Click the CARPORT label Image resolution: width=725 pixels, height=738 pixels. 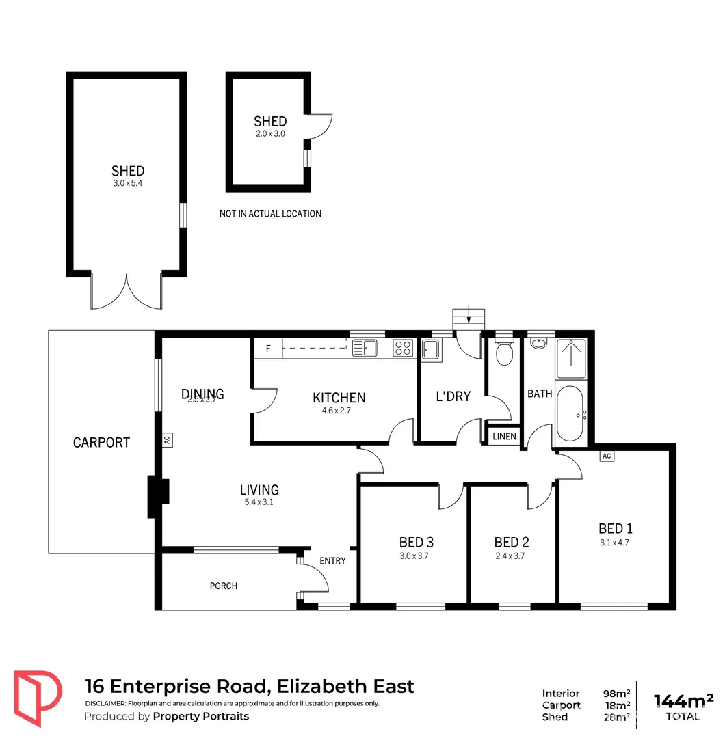point(101,442)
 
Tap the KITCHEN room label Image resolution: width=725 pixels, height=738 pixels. point(339,398)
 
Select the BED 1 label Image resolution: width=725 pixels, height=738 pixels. point(615,528)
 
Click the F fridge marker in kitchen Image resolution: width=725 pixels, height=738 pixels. point(268,348)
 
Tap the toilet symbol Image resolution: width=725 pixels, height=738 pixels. point(504,353)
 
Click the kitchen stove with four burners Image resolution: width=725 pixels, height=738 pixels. point(402,348)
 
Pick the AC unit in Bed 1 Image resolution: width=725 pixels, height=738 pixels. point(605,456)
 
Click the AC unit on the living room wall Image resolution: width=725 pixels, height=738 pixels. point(166,440)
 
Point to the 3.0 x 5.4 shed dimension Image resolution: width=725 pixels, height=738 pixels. point(128,183)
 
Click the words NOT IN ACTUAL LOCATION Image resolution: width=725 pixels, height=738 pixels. point(270,214)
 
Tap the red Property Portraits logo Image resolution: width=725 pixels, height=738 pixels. point(38,697)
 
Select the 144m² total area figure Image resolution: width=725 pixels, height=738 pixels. point(683,700)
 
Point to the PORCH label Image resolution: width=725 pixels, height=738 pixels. point(224,586)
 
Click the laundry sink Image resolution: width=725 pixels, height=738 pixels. point(431,349)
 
